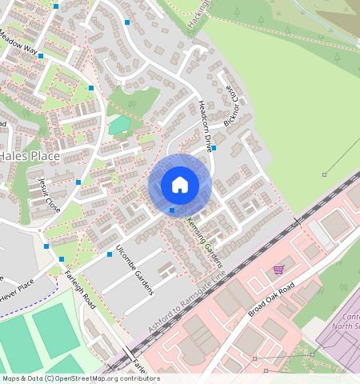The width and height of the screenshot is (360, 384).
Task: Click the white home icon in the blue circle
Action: click(x=180, y=185)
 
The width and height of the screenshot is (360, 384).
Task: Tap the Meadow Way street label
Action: click(x=18, y=43)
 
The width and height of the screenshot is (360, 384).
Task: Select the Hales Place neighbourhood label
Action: click(x=30, y=156)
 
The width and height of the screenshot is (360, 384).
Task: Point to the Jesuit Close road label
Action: click(x=42, y=193)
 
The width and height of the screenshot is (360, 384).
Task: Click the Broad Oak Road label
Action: click(x=271, y=299)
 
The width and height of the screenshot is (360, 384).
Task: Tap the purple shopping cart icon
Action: click(x=278, y=269)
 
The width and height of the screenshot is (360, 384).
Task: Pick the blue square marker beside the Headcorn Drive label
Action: click(x=214, y=148)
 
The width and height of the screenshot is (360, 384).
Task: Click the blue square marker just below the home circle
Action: click(x=172, y=211)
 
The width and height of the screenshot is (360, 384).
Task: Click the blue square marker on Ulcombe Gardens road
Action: click(x=110, y=254)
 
